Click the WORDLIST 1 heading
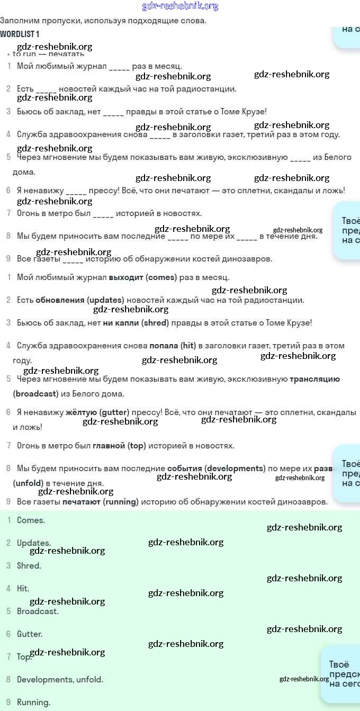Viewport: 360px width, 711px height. tap(20, 34)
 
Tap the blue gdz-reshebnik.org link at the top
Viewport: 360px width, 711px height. tap(180, 6)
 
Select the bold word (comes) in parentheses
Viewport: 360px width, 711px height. tap(161, 277)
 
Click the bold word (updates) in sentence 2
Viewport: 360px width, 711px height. tap(105, 300)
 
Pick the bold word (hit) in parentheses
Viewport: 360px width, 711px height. tap(188, 346)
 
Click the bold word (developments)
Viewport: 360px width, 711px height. tap(235, 469)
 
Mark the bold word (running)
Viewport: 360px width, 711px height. tap(121, 501)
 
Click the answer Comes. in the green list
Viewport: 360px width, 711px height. tap(31, 520)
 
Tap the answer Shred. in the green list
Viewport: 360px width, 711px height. tap(29, 565)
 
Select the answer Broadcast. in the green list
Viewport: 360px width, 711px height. tap(38, 611)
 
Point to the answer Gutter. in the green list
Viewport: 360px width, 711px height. tap(30, 634)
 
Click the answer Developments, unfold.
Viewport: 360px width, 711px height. tap(60, 679)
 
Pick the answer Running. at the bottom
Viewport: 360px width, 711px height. tap(33, 703)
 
